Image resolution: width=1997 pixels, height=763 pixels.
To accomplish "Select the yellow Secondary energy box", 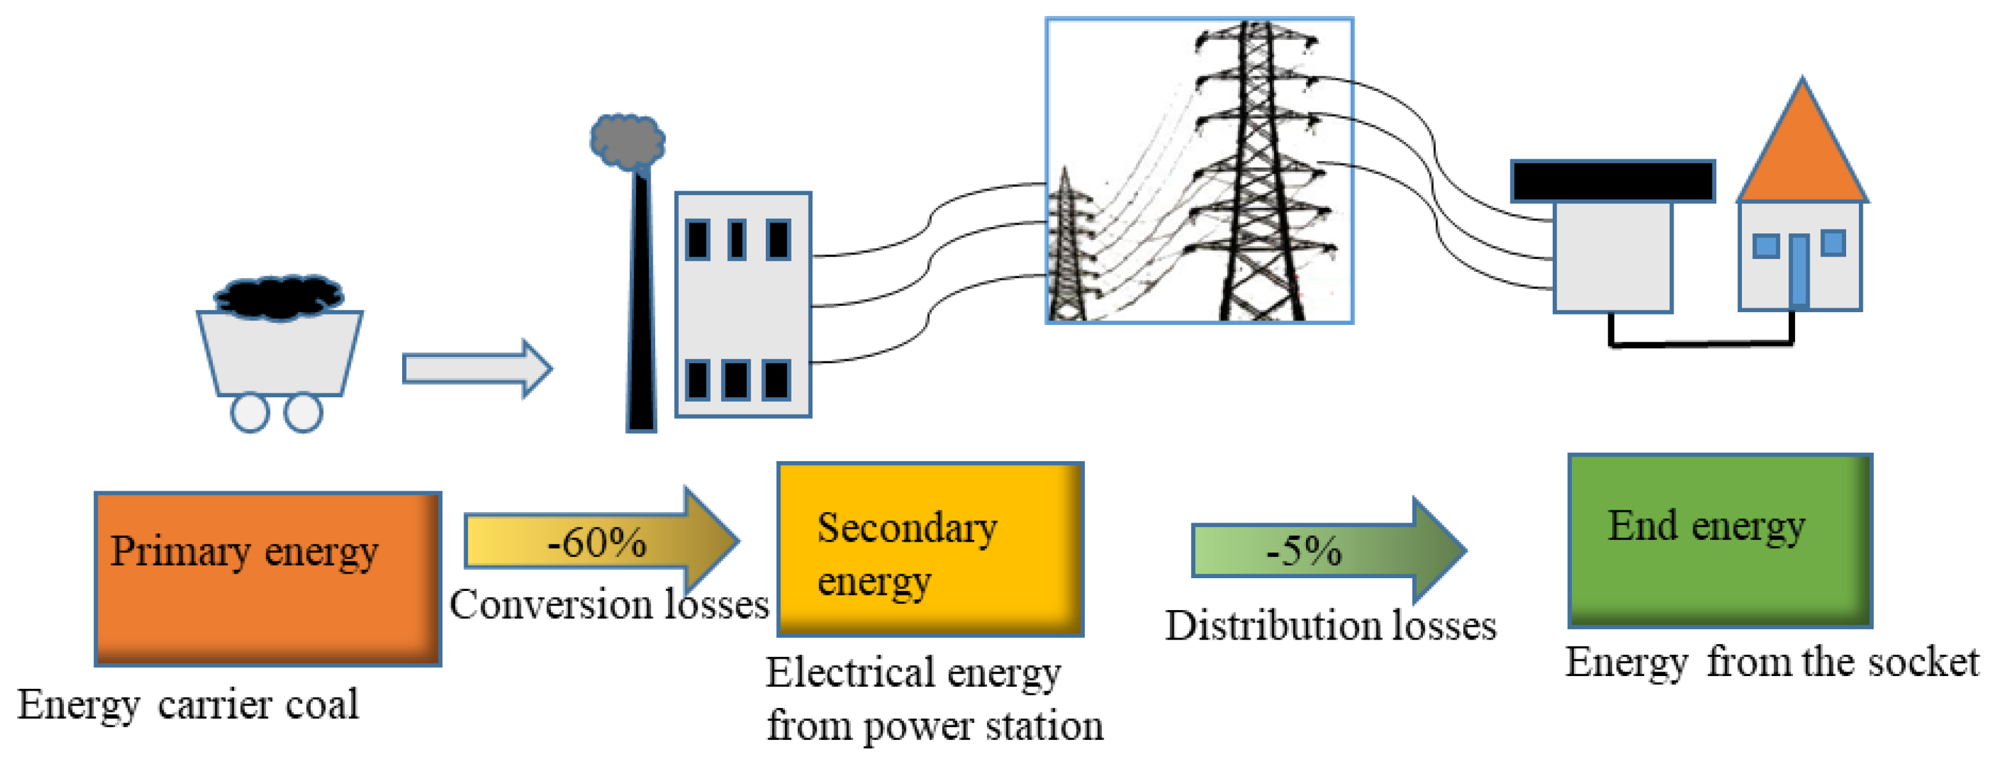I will click(x=929, y=549).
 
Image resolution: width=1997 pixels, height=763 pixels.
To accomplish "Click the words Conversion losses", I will click(x=609, y=605).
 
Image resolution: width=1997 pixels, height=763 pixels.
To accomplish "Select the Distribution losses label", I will click(x=1330, y=625).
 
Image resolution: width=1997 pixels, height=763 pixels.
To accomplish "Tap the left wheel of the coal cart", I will click(x=249, y=413).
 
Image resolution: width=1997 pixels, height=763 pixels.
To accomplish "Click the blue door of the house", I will click(x=1799, y=271).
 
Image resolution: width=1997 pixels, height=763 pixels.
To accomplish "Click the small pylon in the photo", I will click(x=1067, y=256).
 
